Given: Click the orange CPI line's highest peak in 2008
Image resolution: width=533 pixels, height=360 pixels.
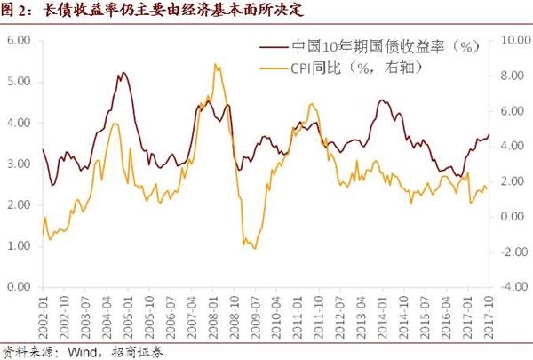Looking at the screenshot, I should pos(215,64).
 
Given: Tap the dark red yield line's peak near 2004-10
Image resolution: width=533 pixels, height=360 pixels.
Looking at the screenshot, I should pos(122,72).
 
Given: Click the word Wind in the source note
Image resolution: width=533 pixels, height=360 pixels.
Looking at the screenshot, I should pos(78,350).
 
